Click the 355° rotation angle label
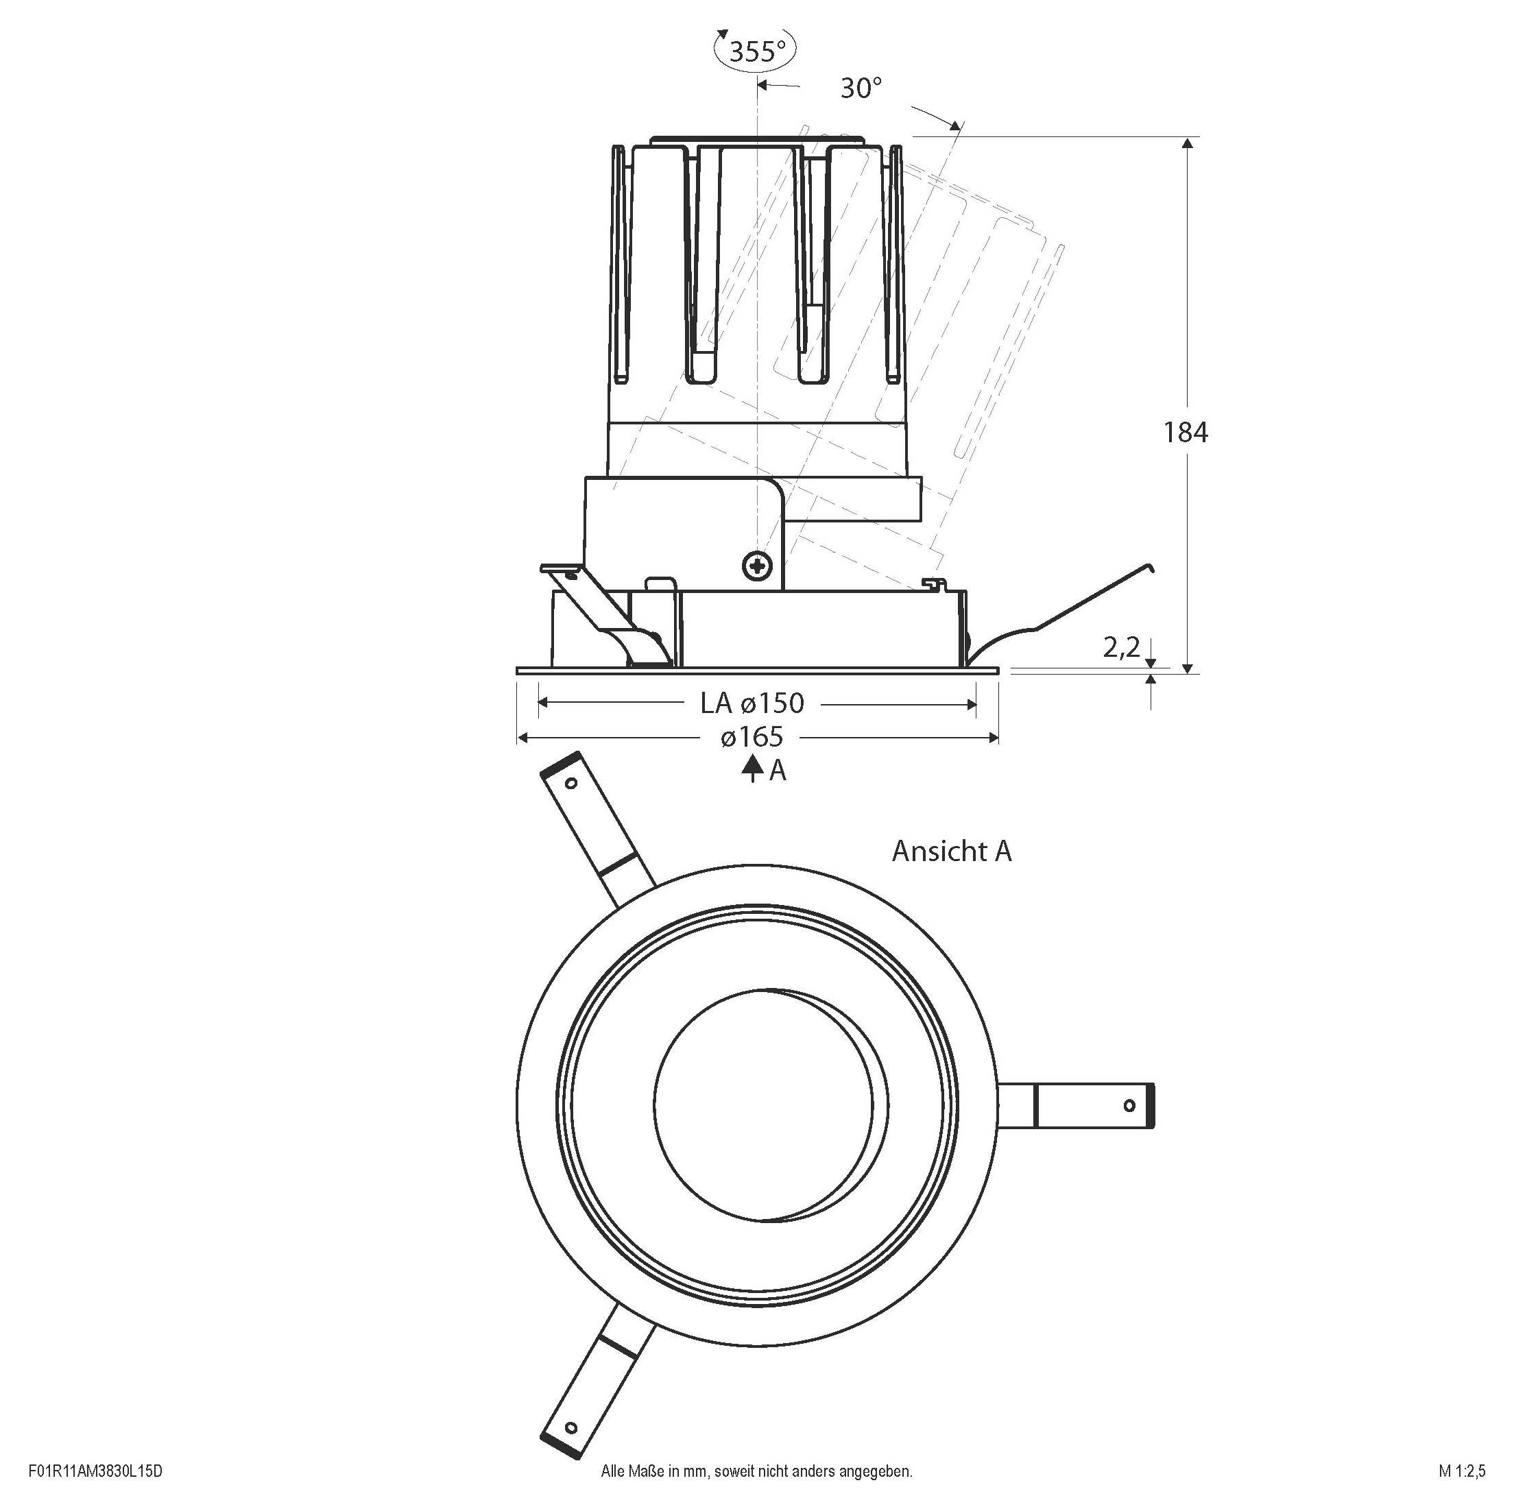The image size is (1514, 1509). tap(756, 51)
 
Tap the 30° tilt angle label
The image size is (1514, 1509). tap(861, 88)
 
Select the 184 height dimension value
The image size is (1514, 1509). tap(1185, 433)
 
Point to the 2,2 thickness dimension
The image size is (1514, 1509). tap(1120, 647)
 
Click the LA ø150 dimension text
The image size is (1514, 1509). tap(752, 703)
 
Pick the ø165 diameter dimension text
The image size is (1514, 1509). tap(752, 737)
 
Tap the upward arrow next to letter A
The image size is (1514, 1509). tap(752, 769)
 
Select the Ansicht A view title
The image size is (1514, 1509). tap(951, 851)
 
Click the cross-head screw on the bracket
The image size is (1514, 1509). tap(757, 565)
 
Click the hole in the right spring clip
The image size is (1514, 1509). tap(1129, 1105)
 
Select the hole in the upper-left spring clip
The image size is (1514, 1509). tap(571, 783)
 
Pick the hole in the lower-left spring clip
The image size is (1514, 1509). tap(570, 1427)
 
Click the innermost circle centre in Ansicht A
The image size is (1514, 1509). tap(763, 1104)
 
